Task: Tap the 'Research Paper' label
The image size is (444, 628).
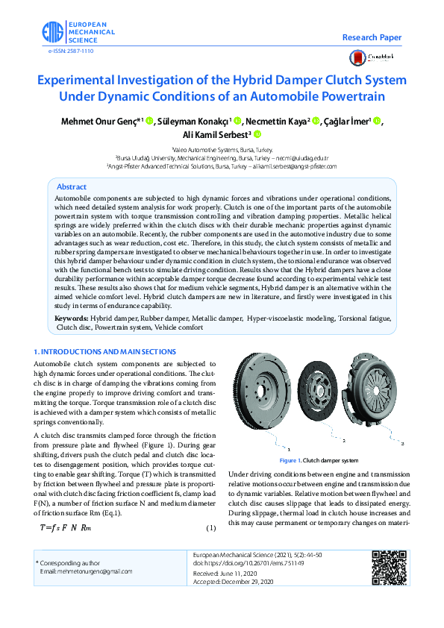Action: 372,37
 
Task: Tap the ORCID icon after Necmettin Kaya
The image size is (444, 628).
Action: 316,122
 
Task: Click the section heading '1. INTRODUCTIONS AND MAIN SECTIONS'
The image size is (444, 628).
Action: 105,351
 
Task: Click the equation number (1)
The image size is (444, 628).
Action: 210,529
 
